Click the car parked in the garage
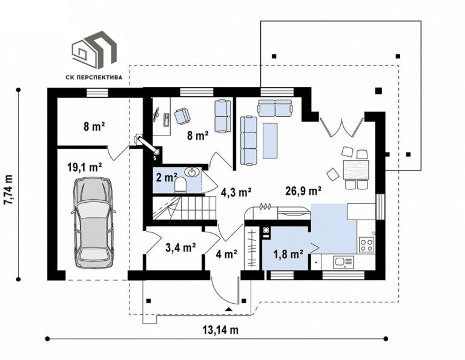point(94,223)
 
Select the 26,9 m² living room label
point(303,191)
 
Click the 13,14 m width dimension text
point(220,329)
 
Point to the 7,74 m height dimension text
point(8,189)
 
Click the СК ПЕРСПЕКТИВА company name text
point(94,77)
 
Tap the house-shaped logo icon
point(94,49)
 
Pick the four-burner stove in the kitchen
point(366,245)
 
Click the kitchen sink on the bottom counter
point(343,262)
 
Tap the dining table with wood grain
point(356,169)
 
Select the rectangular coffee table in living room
point(270,140)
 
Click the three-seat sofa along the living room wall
point(248,140)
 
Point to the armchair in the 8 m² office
point(182,116)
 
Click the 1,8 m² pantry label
point(288,254)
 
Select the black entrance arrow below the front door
point(228,309)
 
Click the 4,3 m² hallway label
point(236,192)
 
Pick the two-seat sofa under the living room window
point(275,108)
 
